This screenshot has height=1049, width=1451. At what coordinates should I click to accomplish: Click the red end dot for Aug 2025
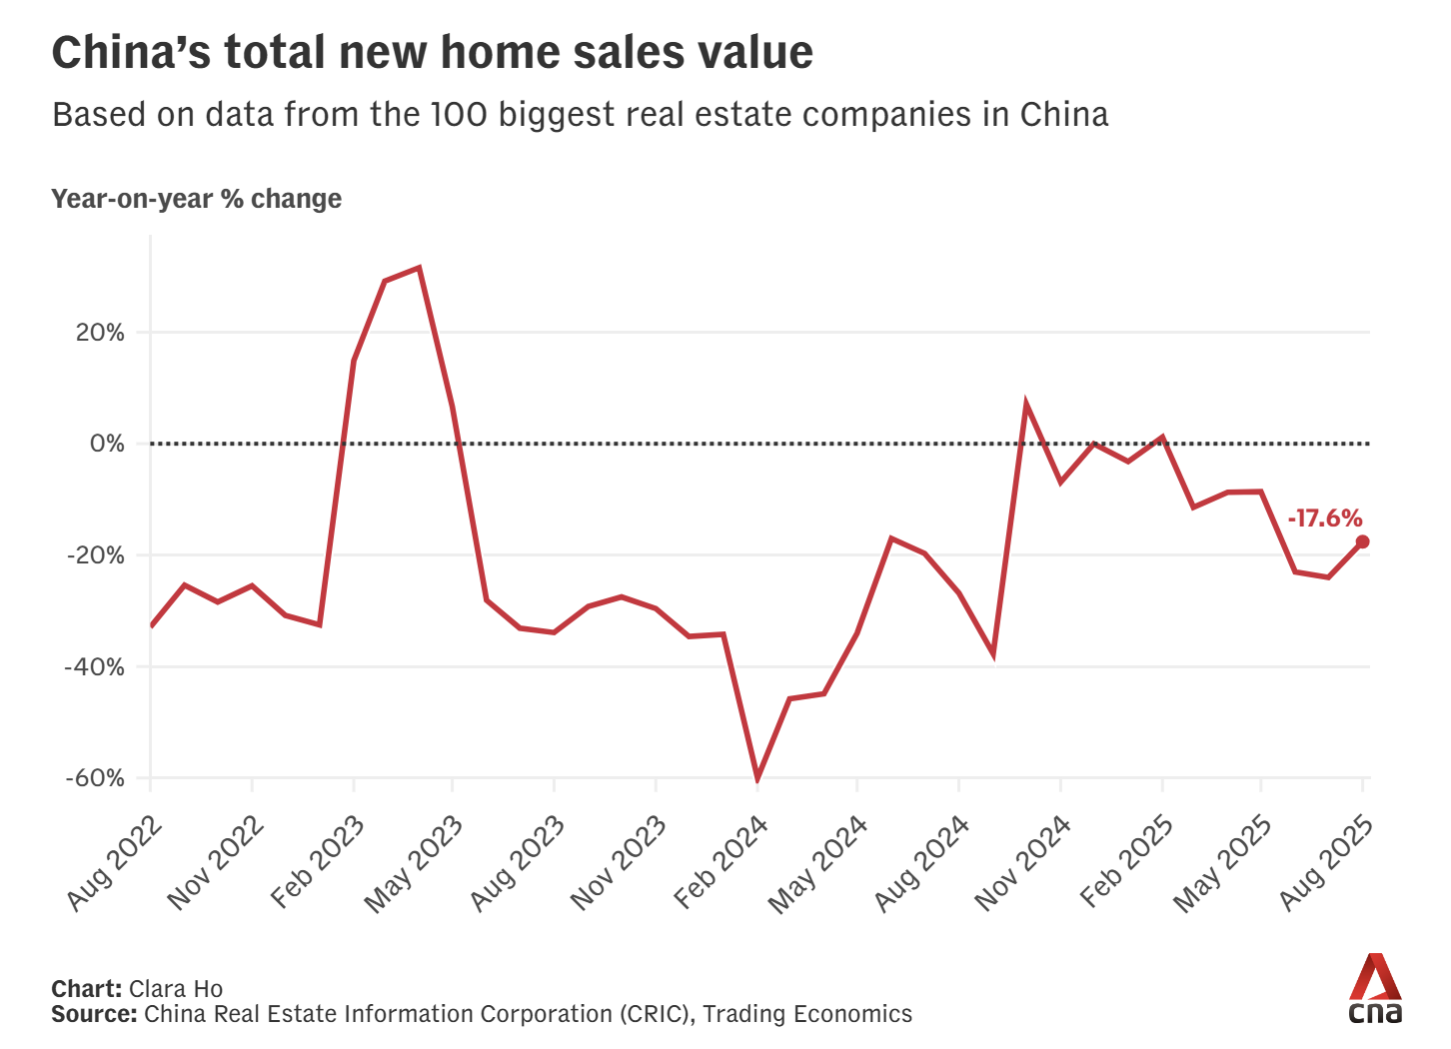point(1362,541)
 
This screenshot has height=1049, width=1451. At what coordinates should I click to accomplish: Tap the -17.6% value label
point(1324,518)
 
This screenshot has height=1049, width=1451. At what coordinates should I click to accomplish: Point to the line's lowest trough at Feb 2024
point(757,778)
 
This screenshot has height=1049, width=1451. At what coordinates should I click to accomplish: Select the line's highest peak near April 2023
point(420,268)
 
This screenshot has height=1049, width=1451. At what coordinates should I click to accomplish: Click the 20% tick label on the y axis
point(100,333)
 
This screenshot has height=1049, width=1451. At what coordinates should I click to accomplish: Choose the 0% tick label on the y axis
point(107,444)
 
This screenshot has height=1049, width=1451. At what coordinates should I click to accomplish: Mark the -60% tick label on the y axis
point(95,778)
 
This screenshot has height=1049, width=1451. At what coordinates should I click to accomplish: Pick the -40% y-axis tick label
point(95,666)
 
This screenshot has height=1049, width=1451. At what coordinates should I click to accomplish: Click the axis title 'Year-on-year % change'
point(196,199)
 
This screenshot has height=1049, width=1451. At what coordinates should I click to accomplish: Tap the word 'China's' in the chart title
point(130,52)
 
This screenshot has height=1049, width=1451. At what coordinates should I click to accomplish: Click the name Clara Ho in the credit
point(176,989)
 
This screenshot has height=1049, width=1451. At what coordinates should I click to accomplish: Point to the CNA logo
point(1375,988)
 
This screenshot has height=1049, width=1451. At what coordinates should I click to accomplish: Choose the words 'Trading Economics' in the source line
point(807,1014)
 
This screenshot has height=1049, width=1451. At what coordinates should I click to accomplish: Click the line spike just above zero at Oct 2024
point(1026,405)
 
